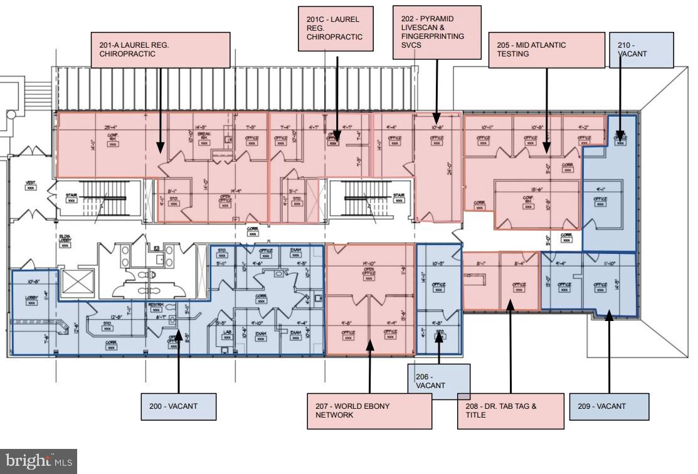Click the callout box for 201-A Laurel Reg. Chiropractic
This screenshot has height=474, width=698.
click(160, 50)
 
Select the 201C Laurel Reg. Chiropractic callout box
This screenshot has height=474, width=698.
click(337, 28)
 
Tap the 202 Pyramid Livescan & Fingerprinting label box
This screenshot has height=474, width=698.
click(436, 32)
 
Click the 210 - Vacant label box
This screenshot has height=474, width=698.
click(642, 50)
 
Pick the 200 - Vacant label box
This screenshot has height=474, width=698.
click(178, 406)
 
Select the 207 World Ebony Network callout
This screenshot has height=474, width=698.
click(369, 411)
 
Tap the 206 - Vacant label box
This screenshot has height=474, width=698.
click(438, 381)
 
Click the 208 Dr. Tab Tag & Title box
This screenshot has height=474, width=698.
click(510, 411)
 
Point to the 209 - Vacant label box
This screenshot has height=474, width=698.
click(608, 406)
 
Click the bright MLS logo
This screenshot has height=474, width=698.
click(38, 461)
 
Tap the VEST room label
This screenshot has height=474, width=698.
click(30, 184)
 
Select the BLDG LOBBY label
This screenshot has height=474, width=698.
click(64, 241)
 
